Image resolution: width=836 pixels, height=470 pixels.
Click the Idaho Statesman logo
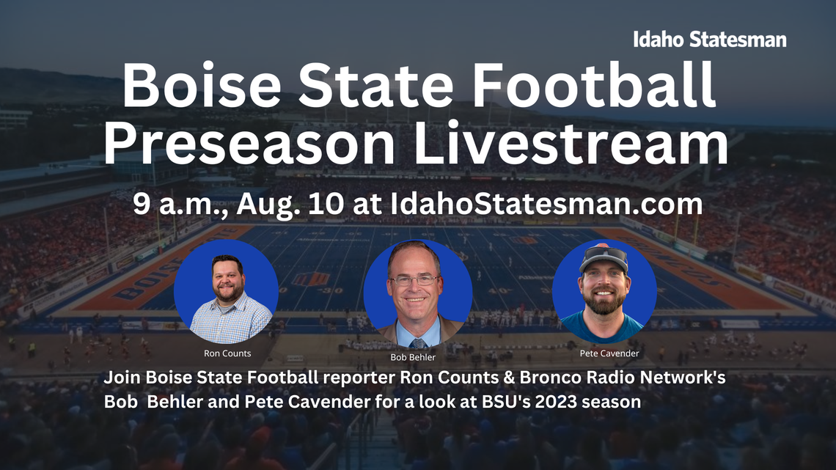(709, 40)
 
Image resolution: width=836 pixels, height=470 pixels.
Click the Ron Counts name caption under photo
(227, 353)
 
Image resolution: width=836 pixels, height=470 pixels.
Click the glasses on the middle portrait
(414, 280)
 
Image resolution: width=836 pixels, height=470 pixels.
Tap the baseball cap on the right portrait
(603, 258)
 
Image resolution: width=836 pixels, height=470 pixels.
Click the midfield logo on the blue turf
(310, 279)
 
